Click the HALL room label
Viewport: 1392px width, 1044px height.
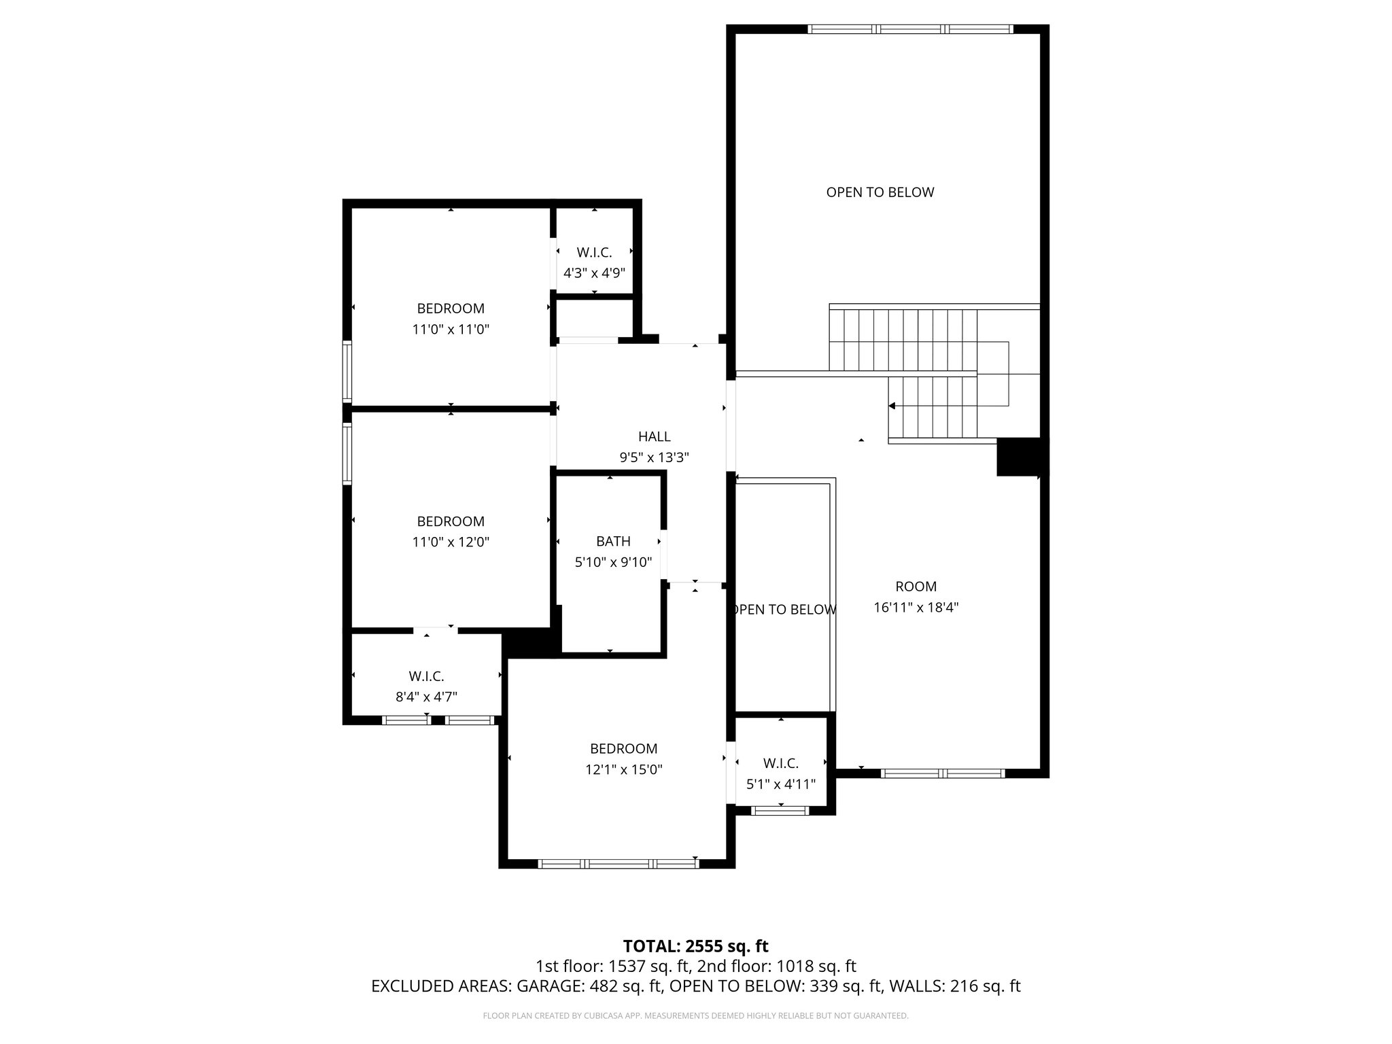654,436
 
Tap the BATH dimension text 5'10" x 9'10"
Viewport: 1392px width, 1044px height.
613,562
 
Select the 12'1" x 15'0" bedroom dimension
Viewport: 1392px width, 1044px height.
623,769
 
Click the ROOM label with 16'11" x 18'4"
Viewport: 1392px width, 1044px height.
916,586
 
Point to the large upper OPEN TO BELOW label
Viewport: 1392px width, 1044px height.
880,192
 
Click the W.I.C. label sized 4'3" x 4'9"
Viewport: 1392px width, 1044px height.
594,253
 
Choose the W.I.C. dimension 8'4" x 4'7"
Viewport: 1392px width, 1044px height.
426,697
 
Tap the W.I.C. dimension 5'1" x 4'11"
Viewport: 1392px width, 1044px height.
780,784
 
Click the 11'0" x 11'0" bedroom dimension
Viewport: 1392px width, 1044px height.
451,330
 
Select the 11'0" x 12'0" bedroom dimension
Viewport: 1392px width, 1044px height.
451,542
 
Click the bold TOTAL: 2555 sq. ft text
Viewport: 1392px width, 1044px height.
695,945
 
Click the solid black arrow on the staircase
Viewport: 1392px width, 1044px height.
892,406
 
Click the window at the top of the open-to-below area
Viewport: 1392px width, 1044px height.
910,29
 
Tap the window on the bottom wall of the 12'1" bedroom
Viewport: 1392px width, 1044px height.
618,864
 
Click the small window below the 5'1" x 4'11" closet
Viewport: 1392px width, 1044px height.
780,810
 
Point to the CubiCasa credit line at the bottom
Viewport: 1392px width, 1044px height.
695,1015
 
